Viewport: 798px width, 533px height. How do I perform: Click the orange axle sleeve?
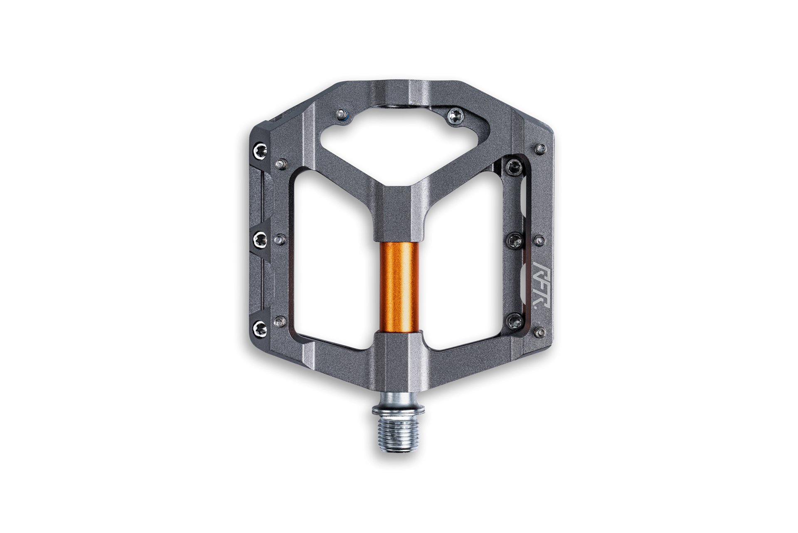click(x=399, y=287)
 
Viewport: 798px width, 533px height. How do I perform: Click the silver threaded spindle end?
click(x=398, y=429)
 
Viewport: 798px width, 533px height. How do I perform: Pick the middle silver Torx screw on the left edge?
click(x=261, y=238)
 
